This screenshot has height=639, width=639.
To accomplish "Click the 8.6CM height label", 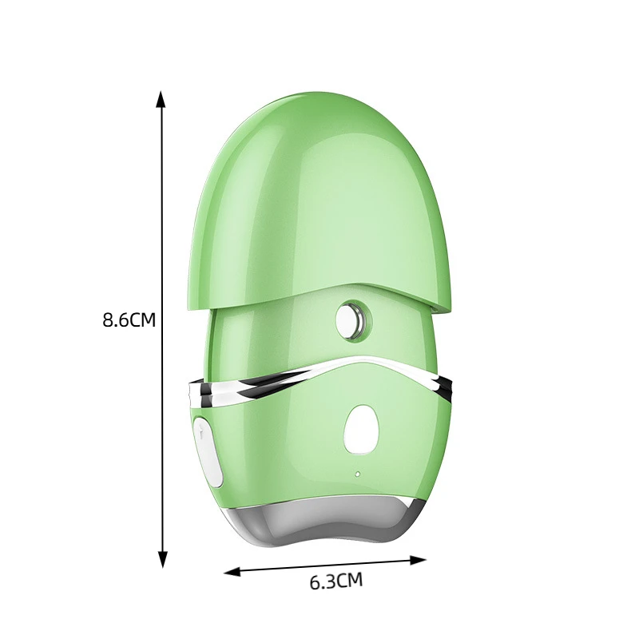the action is click(129, 320).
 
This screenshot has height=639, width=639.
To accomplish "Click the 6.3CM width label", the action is click(335, 581).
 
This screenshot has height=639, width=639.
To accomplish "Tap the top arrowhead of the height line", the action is click(162, 99).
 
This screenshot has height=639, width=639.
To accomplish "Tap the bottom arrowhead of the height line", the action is click(162, 558).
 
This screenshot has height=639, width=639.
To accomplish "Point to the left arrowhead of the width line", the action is click(232, 572).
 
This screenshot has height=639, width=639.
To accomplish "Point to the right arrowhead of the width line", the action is click(418, 561).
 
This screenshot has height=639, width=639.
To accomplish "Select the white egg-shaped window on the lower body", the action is click(362, 429).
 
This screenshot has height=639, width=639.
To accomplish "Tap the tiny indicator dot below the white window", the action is click(357, 474).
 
